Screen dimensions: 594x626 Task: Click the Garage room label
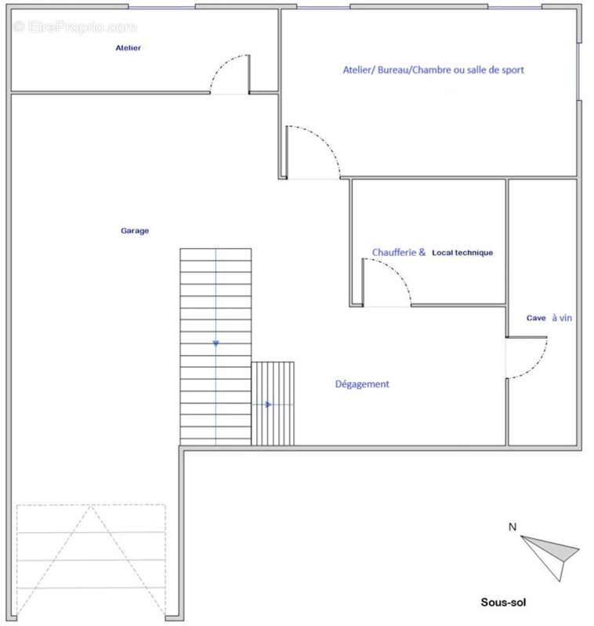click(x=135, y=231)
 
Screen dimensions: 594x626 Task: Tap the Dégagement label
click(x=362, y=384)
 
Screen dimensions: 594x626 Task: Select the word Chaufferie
click(x=394, y=252)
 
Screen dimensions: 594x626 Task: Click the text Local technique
click(x=462, y=253)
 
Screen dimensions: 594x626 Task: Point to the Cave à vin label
click(x=549, y=318)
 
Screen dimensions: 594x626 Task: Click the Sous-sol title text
click(x=503, y=602)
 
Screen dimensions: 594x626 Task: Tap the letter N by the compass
click(x=512, y=527)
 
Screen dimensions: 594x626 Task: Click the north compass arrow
click(x=550, y=558)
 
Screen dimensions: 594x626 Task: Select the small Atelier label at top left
click(x=128, y=48)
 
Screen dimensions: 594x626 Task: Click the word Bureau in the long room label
click(x=393, y=70)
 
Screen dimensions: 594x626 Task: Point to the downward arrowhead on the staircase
click(x=216, y=344)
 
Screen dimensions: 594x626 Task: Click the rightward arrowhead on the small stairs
click(x=269, y=405)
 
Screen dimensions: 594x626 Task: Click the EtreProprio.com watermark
click(x=75, y=27)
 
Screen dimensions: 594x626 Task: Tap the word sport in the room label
click(x=513, y=70)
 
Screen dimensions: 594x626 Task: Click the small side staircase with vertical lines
click(x=273, y=404)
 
